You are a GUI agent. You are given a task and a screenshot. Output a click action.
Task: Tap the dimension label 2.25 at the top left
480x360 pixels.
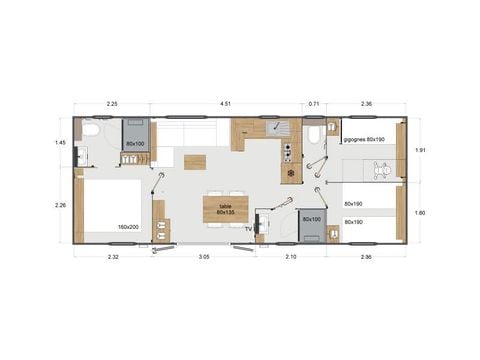(113, 101)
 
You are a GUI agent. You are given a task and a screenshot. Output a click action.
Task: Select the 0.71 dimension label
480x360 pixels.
(314, 101)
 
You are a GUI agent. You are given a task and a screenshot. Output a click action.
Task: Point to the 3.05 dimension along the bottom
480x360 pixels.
(203, 258)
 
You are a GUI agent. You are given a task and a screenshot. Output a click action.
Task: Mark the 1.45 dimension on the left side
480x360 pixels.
(60, 143)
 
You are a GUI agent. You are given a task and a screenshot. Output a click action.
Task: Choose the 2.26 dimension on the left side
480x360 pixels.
(60, 205)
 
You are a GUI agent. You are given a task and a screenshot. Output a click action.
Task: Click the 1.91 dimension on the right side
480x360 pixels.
(422, 150)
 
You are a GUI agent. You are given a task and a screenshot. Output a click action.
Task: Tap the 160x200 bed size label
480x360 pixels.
(127, 227)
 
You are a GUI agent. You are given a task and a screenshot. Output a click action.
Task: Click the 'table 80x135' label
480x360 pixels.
(225, 207)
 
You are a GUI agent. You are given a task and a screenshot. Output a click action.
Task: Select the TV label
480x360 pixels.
(248, 228)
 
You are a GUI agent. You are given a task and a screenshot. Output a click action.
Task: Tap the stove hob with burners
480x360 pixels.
(287, 151)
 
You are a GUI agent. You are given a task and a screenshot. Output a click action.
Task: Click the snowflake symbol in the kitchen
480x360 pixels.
(291, 173)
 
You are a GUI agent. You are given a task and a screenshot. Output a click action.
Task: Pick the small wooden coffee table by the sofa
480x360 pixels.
(196, 161)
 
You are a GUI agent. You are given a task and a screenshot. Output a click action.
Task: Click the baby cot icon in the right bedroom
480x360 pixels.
(383, 171)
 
